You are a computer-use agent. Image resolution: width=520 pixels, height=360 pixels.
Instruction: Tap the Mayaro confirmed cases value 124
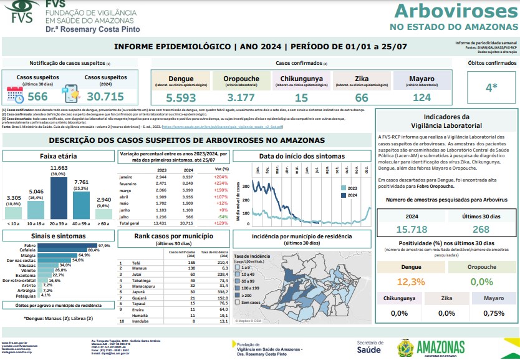421,97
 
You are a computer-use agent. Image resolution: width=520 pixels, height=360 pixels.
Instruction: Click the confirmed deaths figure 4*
492,87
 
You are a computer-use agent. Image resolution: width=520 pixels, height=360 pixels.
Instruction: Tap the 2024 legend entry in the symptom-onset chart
349,195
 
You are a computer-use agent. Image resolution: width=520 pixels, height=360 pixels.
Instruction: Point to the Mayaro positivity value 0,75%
493,313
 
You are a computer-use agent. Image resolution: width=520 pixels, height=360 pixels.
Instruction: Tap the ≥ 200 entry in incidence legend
242,295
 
